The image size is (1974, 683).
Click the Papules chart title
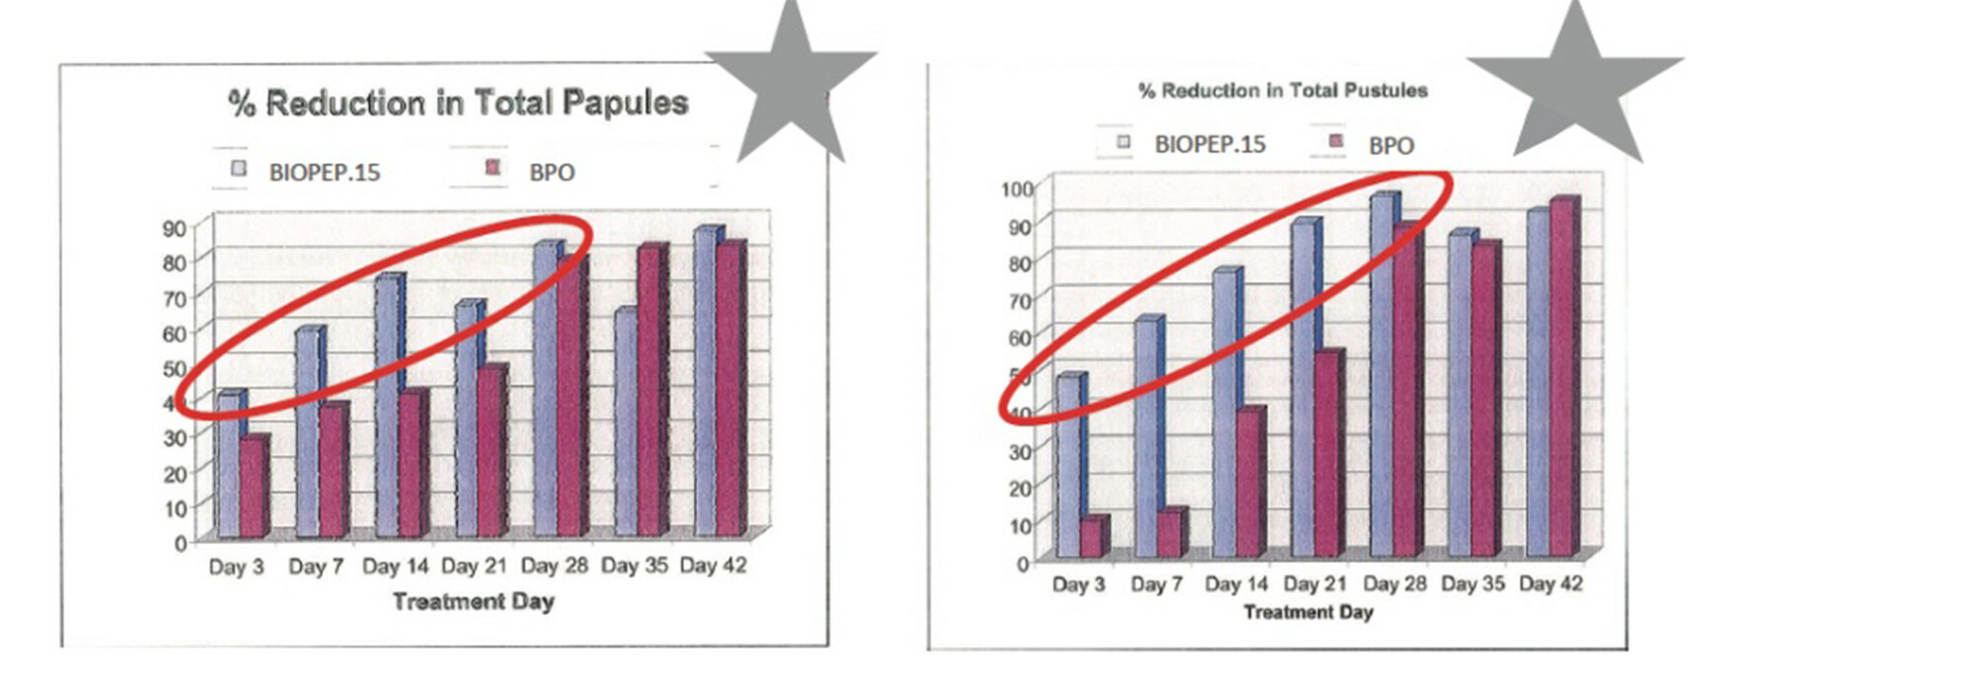click(x=458, y=103)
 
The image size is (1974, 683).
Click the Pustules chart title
click(x=1283, y=91)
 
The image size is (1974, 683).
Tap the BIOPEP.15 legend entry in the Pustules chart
click(x=1193, y=144)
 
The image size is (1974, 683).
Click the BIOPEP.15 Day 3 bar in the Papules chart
click(x=228, y=464)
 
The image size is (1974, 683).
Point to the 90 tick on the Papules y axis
click(x=174, y=228)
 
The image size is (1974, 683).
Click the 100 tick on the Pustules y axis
click(x=1017, y=189)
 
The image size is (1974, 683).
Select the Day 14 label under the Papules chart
click(x=395, y=567)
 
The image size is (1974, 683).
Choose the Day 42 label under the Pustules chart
click(x=1551, y=584)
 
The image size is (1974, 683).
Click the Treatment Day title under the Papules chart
click(x=474, y=601)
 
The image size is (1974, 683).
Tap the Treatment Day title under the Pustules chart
click(x=1308, y=612)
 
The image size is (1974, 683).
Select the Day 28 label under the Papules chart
click(x=554, y=567)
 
